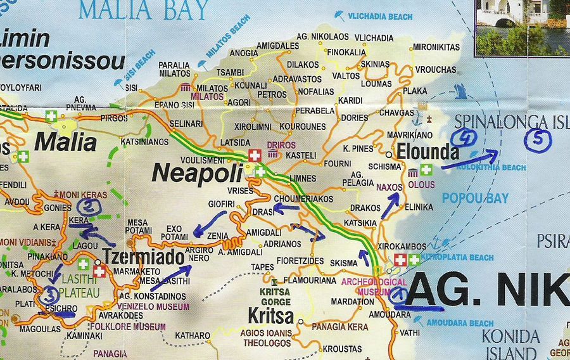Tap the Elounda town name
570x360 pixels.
pyautogui.click(x=427, y=152)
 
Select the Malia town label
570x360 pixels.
pyautogui.click(x=65, y=141)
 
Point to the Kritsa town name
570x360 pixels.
pyautogui.click(x=270, y=316)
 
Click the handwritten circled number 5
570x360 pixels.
pyautogui.click(x=538, y=141)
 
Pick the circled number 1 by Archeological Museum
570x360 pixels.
pyautogui.click(x=398, y=294)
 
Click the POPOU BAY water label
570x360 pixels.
pyautogui.click(x=475, y=198)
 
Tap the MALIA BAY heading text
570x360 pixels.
pyautogui.click(x=144, y=10)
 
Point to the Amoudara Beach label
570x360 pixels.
pyautogui.click(x=460, y=323)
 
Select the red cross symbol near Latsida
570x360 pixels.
pyautogui.click(x=255, y=155)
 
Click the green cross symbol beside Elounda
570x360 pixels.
pyautogui.click(x=426, y=169)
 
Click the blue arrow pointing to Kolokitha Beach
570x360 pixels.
pyautogui.click(x=469, y=160)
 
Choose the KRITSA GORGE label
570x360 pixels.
pyautogui.click(x=275, y=297)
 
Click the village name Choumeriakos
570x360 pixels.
pyautogui.click(x=303, y=198)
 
